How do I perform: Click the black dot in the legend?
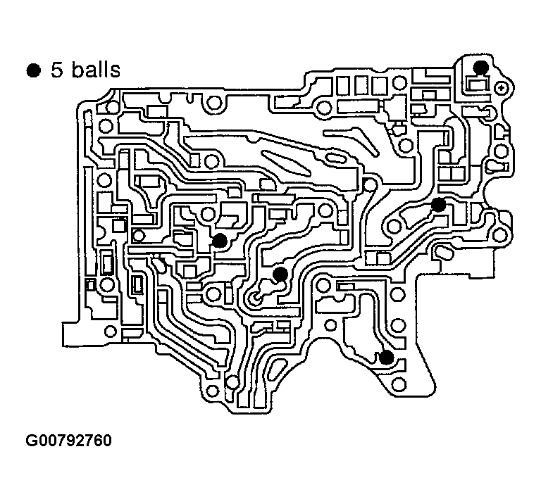pos(32,70)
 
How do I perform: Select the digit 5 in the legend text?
pos(56,70)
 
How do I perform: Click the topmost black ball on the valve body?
pos(480,67)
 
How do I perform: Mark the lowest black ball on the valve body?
pos(385,357)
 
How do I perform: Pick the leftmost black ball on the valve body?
pos(220,241)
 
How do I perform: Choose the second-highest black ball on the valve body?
pos(438,205)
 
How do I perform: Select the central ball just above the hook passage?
pos(280,273)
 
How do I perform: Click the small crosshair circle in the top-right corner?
pos(502,87)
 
